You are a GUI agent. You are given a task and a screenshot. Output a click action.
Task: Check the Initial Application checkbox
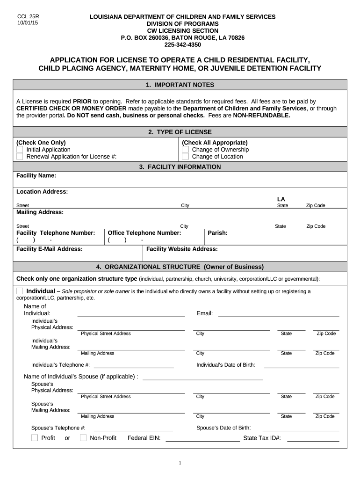pyautogui.click(x=20, y=150)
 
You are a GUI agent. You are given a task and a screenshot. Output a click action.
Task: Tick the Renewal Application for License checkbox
pyautogui.click(x=20, y=157)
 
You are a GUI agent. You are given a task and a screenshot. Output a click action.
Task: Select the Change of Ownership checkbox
pyautogui.click(x=185, y=150)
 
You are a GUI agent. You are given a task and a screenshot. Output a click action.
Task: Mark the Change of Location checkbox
pyautogui.click(x=185, y=157)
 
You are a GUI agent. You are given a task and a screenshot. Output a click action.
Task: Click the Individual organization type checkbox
pyautogui.click(x=20, y=291)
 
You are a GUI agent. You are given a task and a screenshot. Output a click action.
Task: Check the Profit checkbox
pyautogui.click(x=35, y=438)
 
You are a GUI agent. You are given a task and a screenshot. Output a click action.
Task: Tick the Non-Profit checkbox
pyautogui.click(x=83, y=438)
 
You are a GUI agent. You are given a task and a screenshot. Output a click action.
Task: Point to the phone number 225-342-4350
pyautogui.click(x=182, y=45)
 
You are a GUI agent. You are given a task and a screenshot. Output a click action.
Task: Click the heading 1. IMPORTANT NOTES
pyautogui.click(x=180, y=85)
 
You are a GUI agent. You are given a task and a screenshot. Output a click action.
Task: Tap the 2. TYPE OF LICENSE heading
pyautogui.click(x=180, y=132)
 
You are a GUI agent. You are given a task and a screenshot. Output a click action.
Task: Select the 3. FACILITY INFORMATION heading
pyautogui.click(x=180, y=167)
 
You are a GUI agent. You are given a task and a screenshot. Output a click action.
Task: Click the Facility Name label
pyautogui.click(x=36, y=175)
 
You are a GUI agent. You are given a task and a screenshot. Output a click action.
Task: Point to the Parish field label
pyautogui.click(x=217, y=232)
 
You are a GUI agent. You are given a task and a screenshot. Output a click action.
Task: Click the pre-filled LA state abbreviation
pyautogui.click(x=281, y=199)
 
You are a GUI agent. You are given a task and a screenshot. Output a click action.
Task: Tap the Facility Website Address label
pyautogui.click(x=182, y=249)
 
